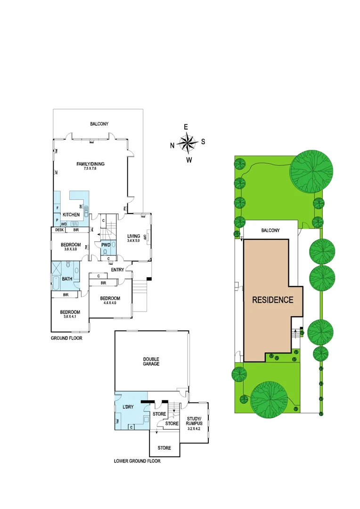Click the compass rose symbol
tap(188, 143)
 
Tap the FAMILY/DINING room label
tap(90, 164)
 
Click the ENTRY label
tap(117, 270)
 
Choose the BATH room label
tap(67, 279)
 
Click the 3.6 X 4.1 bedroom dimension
tap(70, 317)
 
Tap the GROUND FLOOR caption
tap(66, 338)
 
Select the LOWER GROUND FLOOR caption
tap(137, 461)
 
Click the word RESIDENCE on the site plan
tap(273, 300)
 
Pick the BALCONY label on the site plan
tap(270, 230)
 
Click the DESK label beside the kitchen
tap(59, 230)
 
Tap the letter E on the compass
tap(186, 127)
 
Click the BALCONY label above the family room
tap(99, 124)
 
